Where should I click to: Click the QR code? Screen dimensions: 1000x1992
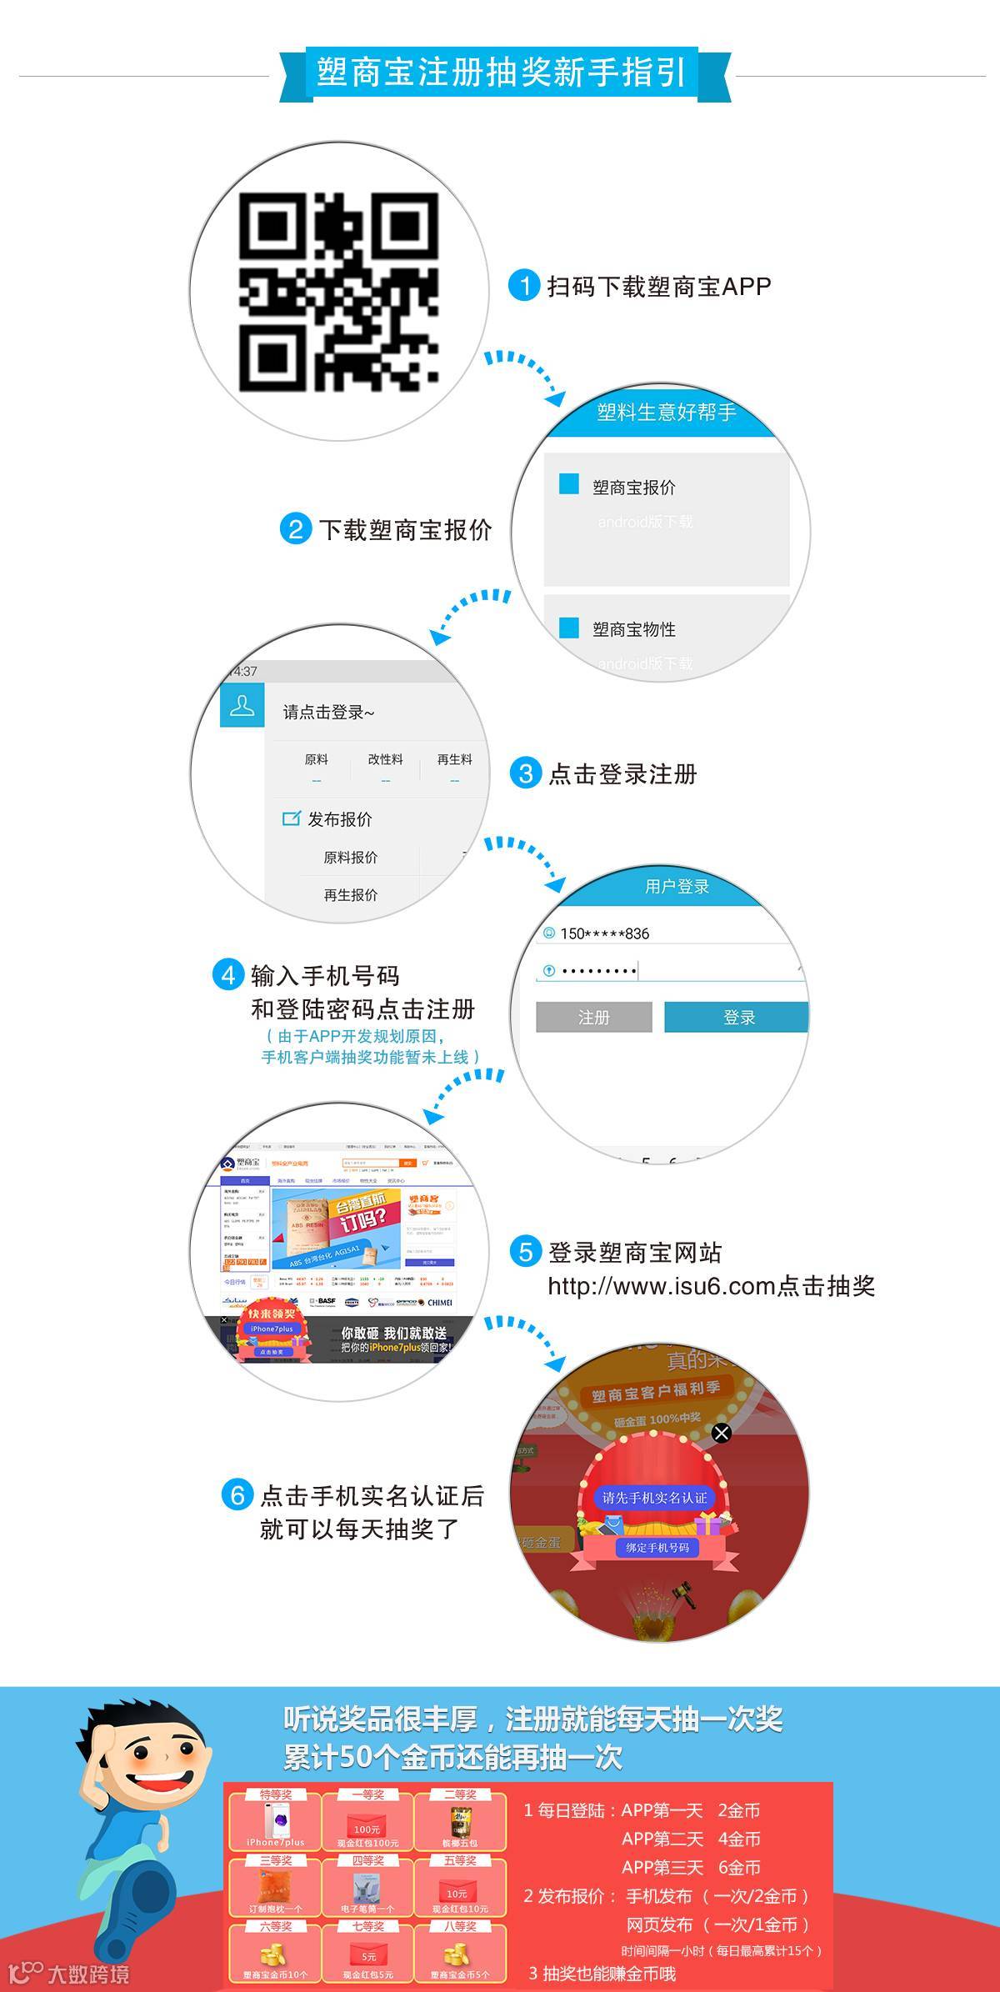coord(339,292)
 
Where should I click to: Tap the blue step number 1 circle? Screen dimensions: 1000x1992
coord(524,286)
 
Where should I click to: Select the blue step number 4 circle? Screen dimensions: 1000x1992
coord(228,974)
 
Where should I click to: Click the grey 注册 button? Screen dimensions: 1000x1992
coord(593,1017)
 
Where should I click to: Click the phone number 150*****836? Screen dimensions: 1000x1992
coord(604,933)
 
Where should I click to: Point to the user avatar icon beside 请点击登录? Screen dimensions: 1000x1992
coord(242,705)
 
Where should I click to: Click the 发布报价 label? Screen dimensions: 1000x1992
coord(339,819)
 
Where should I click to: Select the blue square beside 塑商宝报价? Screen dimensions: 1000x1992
coord(569,484)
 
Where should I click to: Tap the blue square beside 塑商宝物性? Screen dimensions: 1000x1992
coord(569,628)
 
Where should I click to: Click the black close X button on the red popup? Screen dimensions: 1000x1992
coord(722,1432)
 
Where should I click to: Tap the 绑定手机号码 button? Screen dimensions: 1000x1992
coord(657,1548)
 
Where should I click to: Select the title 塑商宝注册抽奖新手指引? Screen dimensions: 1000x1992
coord(502,73)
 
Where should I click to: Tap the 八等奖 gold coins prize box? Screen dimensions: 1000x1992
coord(460,1953)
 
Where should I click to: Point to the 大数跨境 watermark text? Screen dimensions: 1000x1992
coord(87,1974)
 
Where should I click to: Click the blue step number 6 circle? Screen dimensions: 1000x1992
coord(237,1494)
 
